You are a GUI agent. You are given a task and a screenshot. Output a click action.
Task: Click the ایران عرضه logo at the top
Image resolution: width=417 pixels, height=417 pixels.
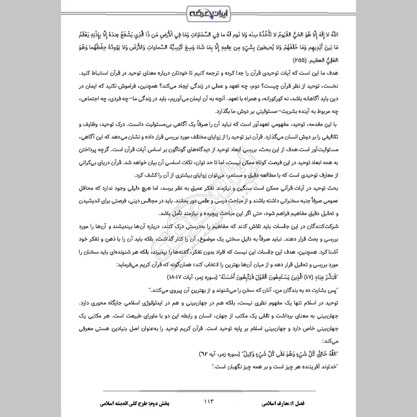point(208,11)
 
